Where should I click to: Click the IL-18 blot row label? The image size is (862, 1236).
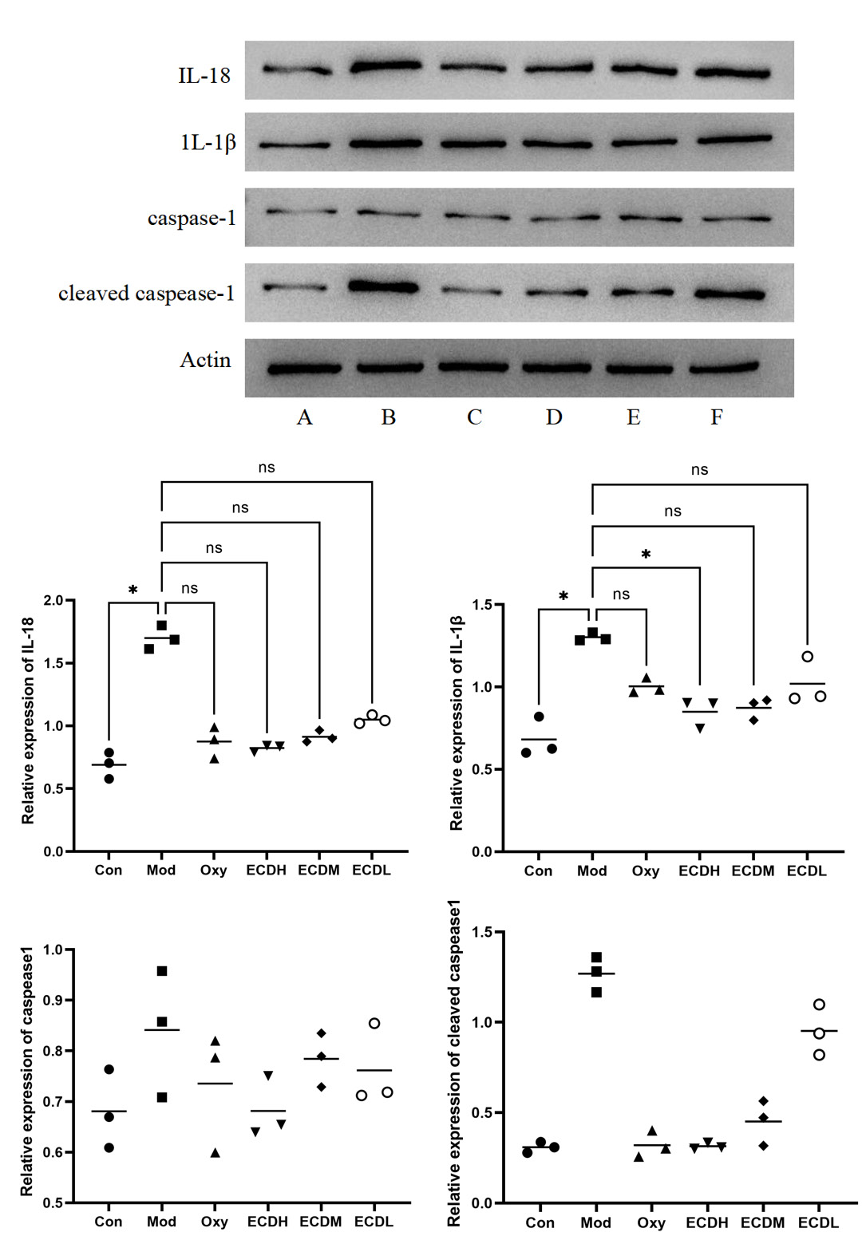[x=204, y=76]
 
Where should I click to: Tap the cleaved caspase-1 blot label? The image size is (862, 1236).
[x=147, y=294]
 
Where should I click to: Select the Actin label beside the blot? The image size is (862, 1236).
[x=205, y=360]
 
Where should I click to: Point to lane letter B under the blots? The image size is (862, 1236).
[x=389, y=417]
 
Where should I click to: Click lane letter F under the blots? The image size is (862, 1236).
[x=717, y=417]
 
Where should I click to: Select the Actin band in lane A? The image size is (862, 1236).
[x=304, y=369]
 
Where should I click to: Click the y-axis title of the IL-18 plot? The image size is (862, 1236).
[x=28, y=720]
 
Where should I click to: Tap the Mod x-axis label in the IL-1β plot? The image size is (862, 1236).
[x=592, y=871]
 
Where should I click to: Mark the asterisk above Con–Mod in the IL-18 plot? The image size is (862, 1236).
[x=133, y=590]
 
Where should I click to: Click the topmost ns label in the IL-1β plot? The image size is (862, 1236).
[x=699, y=470]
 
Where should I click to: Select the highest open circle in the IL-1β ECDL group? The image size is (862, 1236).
[x=808, y=657]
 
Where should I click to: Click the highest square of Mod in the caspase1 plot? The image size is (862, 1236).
[x=162, y=971]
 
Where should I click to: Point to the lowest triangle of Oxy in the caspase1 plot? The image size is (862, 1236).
[x=215, y=1153]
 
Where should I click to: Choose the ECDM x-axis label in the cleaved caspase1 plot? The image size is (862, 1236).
[x=762, y=1222]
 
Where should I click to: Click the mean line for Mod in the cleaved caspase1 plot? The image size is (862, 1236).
[x=596, y=974]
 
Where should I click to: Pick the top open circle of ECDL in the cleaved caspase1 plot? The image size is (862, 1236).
[x=819, y=1005]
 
